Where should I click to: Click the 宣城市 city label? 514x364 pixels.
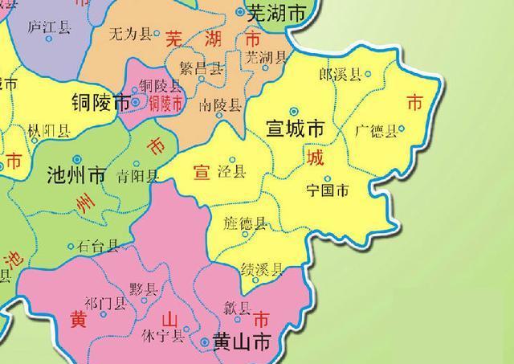(295, 129)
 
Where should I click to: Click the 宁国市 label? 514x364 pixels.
(329, 191)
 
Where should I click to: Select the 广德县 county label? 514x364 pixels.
(375, 130)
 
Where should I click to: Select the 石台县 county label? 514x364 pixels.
(100, 246)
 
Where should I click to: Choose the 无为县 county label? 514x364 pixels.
(129, 34)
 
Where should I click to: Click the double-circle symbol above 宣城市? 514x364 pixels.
(294, 111)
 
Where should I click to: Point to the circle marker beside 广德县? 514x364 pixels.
(402, 128)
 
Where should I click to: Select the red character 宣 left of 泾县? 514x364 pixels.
(202, 171)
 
